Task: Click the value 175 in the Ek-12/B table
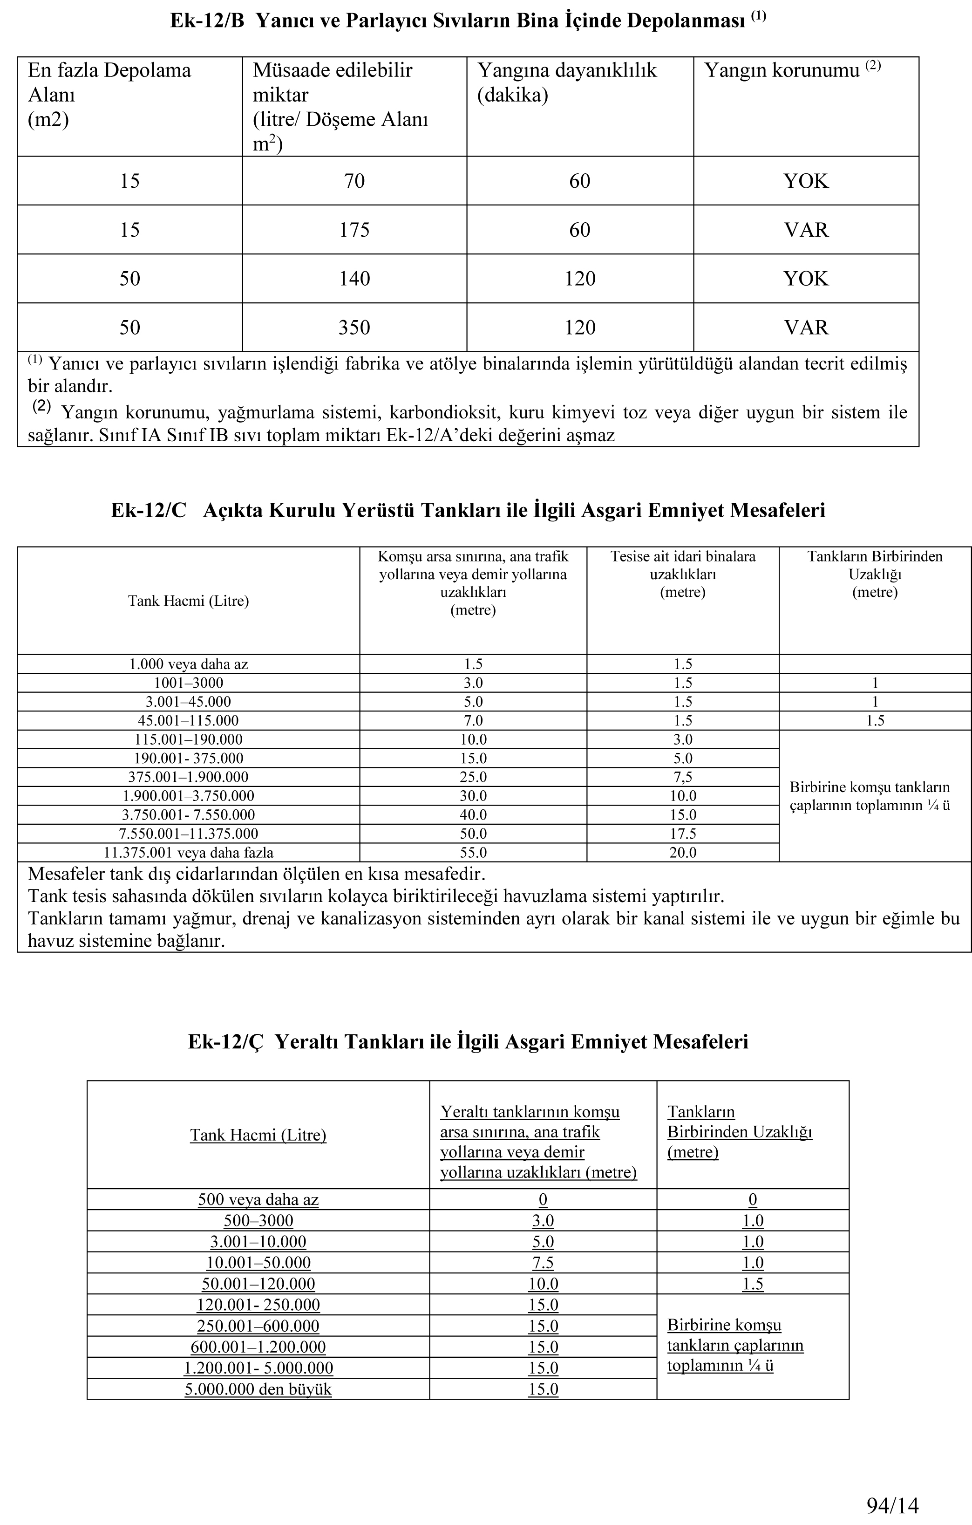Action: tap(354, 229)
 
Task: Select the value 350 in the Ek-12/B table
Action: tap(354, 328)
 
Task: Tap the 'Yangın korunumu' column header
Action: tap(782, 70)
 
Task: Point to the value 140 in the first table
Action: tap(354, 279)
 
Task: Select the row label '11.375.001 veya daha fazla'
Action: tap(188, 853)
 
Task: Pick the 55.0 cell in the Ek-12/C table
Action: tap(473, 853)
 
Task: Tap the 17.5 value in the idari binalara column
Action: tap(683, 834)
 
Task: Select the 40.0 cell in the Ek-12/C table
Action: tap(473, 814)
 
